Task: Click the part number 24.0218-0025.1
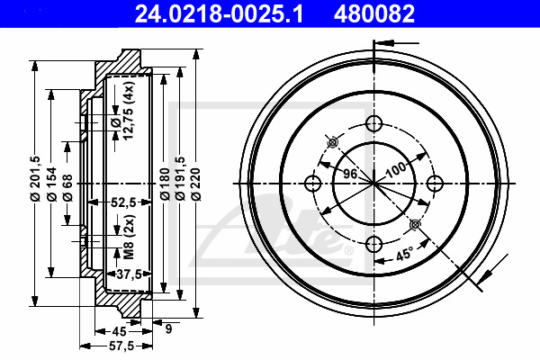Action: pyautogui.click(x=219, y=13)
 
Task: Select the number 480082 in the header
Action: pyautogui.click(x=374, y=13)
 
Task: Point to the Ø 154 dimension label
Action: pyautogui.click(x=51, y=184)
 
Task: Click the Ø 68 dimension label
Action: pyautogui.click(x=67, y=187)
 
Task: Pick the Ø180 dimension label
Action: pyautogui.click(x=166, y=184)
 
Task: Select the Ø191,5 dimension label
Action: pyautogui.click(x=180, y=178)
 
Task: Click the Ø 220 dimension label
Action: pyautogui.click(x=195, y=184)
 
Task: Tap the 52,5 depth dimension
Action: pyautogui.click(x=123, y=202)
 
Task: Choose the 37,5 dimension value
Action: pyautogui.click(x=129, y=274)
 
